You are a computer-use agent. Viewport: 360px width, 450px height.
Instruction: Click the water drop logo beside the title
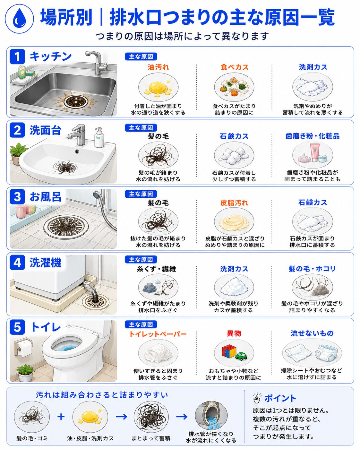coord(19,19)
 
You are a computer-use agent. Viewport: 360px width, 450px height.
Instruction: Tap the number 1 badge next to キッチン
coord(17,56)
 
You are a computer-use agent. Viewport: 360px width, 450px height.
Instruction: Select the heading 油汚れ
coord(158,67)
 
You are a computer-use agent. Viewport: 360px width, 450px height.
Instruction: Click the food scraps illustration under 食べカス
coord(234,86)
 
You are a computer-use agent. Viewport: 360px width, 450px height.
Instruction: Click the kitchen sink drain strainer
coord(75,101)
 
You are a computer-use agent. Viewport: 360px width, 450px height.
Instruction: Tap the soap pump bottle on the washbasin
coord(99,138)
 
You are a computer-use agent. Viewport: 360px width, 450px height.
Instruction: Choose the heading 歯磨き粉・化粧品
coord(312,136)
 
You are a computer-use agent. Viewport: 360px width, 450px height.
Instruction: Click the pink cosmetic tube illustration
coord(316,152)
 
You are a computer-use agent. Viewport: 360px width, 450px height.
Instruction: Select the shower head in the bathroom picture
coord(97,195)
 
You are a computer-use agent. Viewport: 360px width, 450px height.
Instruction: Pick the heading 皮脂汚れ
coord(234,203)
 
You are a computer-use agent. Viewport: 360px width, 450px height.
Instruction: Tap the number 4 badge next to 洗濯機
coord(17,262)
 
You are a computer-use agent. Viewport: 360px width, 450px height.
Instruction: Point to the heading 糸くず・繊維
coord(156,269)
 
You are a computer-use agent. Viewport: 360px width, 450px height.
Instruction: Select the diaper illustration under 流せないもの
coord(328,352)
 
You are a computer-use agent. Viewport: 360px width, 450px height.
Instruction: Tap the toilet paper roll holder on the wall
coord(23,347)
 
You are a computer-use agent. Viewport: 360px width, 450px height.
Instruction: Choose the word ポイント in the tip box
coord(280,398)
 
